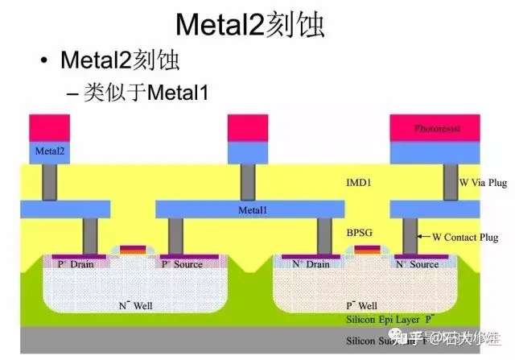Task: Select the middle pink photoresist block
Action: tap(248, 128)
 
